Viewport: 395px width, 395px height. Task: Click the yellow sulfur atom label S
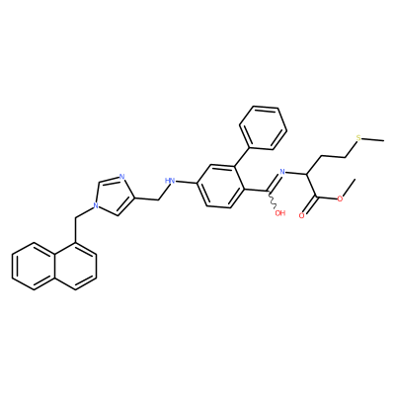coord(358,138)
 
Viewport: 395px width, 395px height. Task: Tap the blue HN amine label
coord(170,181)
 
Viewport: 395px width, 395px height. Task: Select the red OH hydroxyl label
coord(280,213)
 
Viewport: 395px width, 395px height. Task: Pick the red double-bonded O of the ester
coord(302,215)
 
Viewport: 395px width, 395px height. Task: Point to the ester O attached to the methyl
coord(340,198)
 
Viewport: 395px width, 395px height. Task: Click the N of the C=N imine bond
coord(281,171)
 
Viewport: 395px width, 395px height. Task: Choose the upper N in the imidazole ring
coord(121,177)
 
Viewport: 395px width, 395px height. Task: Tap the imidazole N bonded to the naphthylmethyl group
coord(96,205)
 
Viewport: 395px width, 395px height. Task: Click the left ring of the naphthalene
coord(34,267)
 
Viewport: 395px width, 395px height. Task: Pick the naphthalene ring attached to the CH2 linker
coord(76,267)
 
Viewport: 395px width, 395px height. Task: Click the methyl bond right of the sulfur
coord(373,140)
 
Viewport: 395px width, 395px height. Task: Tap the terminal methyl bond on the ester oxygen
coord(350,188)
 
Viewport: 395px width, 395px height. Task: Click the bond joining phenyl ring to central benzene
coord(244,156)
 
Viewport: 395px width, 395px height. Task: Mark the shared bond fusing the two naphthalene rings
coord(54,267)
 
